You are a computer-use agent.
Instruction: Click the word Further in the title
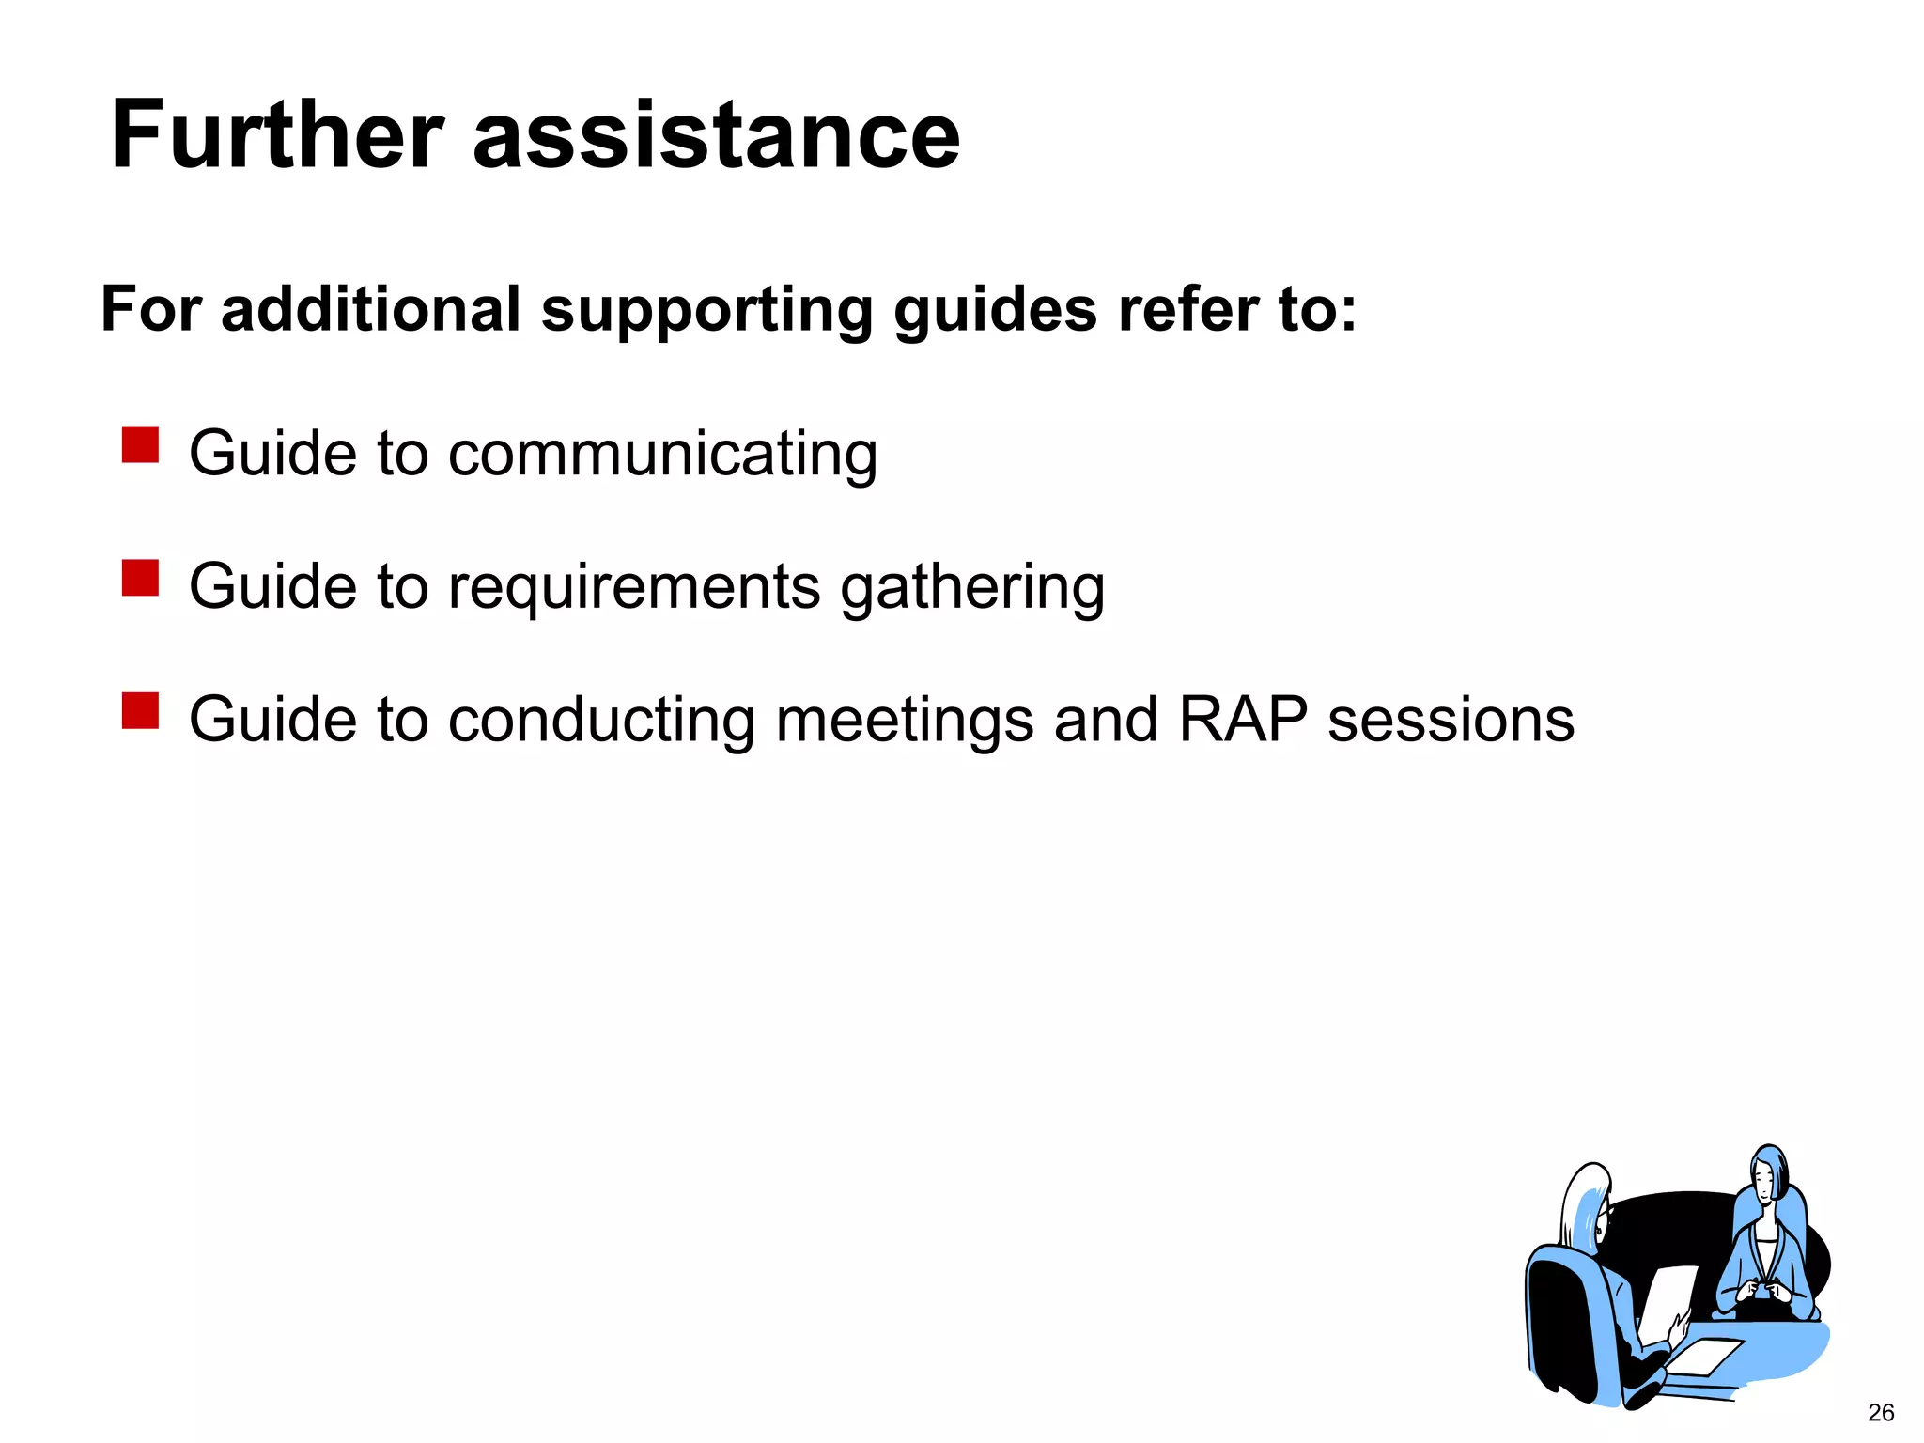click(277, 135)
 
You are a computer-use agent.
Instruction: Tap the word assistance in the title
click(716, 135)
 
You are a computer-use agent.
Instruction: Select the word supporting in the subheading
click(706, 310)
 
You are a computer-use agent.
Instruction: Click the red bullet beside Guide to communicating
click(140, 445)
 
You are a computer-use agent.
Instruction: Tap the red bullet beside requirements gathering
click(140, 578)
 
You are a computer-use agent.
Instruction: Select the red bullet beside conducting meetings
click(140, 711)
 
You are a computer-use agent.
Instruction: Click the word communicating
click(662, 455)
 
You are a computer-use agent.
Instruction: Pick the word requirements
click(634, 588)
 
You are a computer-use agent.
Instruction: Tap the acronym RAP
click(1242, 720)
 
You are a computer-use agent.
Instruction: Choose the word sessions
click(1451, 720)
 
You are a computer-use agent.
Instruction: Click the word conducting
click(601, 721)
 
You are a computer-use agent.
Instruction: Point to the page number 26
click(1881, 1412)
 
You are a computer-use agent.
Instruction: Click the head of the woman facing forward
click(1768, 1174)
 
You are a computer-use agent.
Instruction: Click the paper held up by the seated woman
click(1667, 1301)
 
